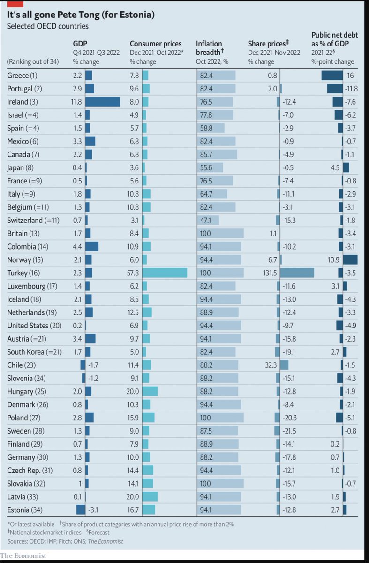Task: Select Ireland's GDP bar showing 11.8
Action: tap(102, 102)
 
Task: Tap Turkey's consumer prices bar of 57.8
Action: tap(164, 273)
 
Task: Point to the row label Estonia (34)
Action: tap(26, 510)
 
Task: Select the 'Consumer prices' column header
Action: tap(156, 44)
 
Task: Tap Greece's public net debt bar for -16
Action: tap(332, 76)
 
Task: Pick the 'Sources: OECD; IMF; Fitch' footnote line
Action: tap(65, 541)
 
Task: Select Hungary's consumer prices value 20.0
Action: tap(134, 391)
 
